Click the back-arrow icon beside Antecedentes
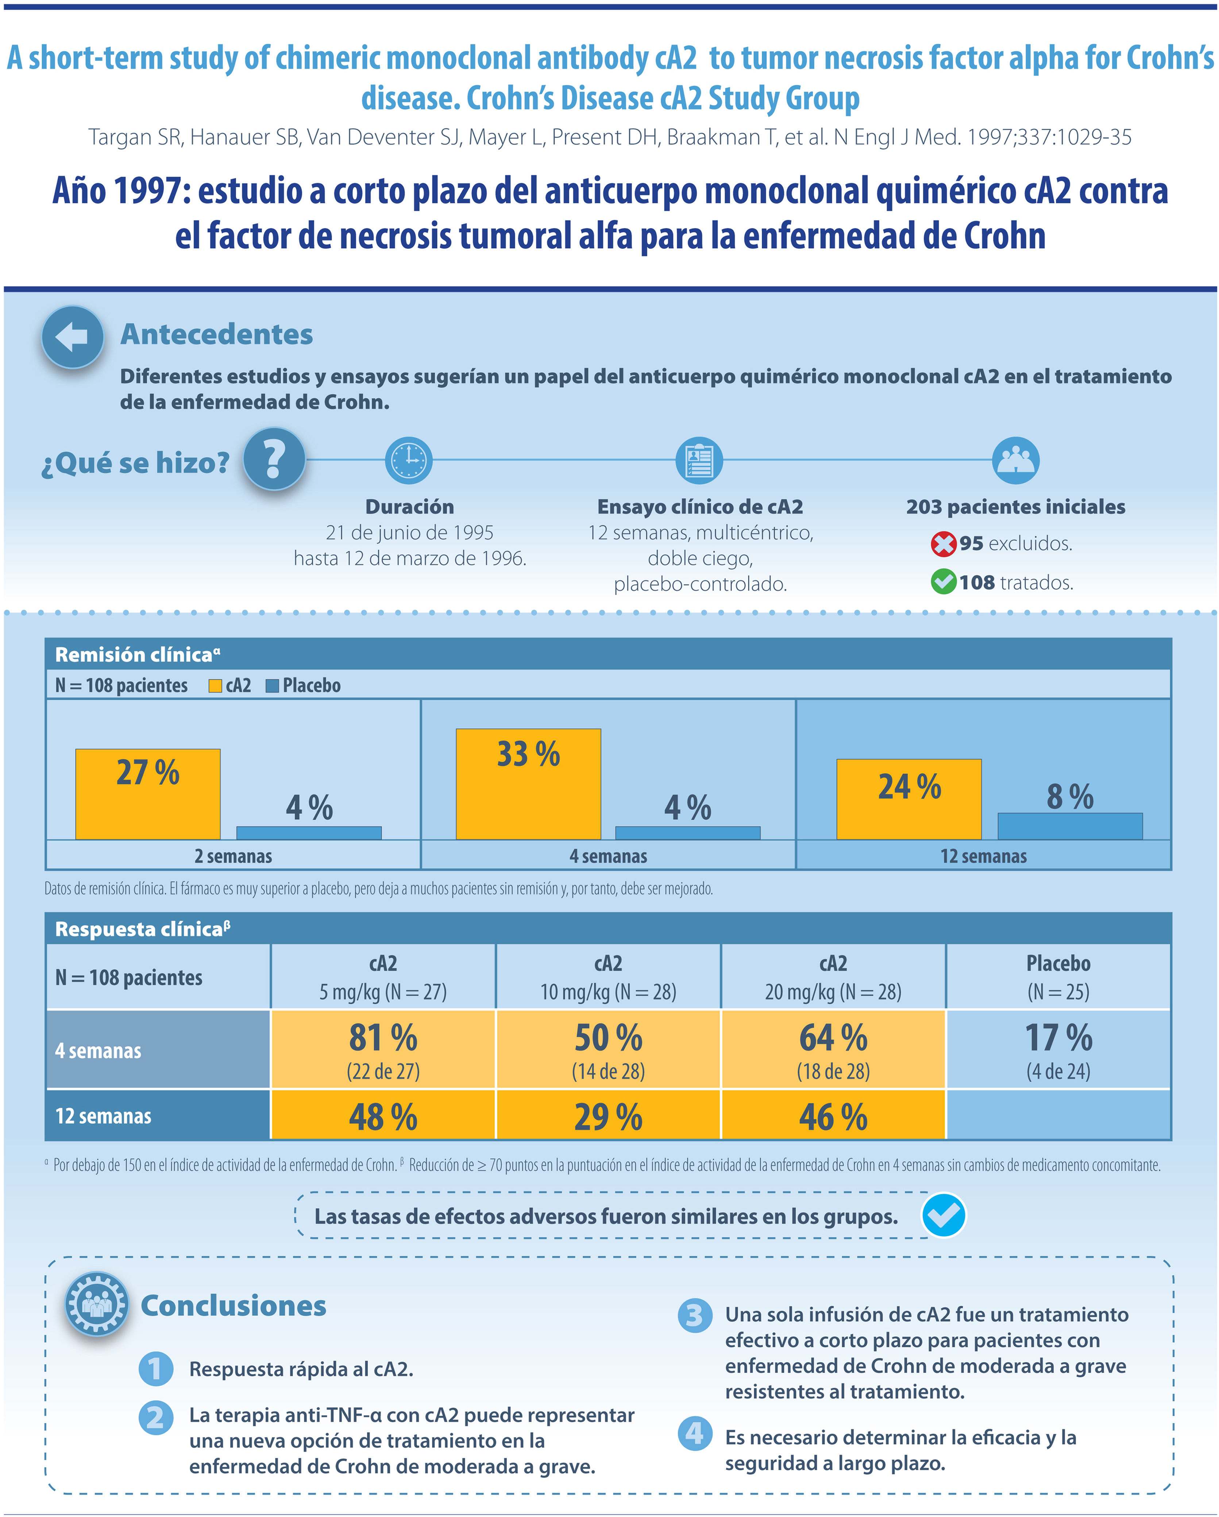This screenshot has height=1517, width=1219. click(x=73, y=337)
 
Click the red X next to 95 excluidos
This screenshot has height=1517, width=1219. click(x=943, y=544)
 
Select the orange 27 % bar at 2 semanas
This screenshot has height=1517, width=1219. click(x=148, y=794)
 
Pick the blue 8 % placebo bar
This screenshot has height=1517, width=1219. click(x=1070, y=826)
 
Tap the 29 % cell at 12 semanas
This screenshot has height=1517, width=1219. click(x=608, y=1116)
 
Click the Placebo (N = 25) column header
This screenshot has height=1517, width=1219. click(x=1058, y=977)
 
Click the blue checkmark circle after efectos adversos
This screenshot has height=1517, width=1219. click(x=943, y=1215)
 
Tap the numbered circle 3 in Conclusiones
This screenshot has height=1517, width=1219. click(x=694, y=1315)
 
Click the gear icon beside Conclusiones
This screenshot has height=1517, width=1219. click(x=97, y=1304)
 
